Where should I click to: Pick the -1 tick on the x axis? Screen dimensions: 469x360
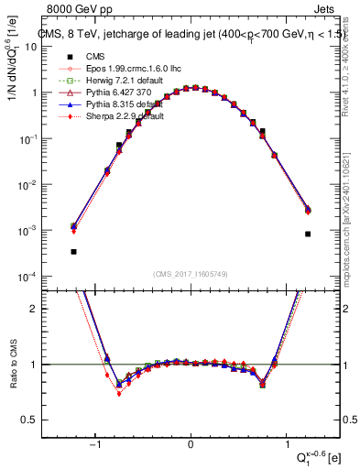point(95,444)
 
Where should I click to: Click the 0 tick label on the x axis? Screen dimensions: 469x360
point(190,444)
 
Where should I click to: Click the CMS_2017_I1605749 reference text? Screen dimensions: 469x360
point(190,273)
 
